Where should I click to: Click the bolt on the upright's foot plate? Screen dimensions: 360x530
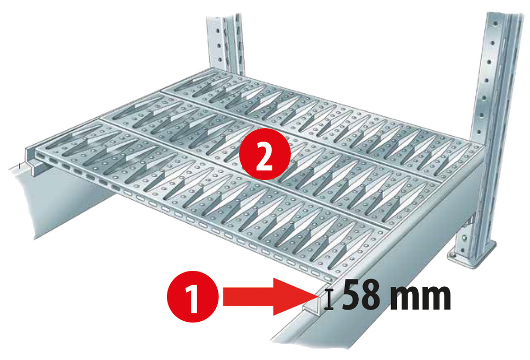452,257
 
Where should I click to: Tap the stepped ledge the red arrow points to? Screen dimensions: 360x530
313,310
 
